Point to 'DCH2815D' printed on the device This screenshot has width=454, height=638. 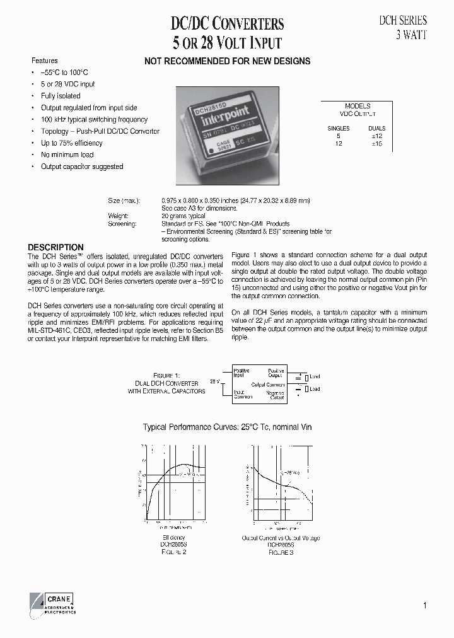(213, 108)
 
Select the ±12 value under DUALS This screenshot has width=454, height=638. (376, 136)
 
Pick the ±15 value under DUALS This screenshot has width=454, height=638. (376, 144)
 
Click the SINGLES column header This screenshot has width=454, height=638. (338, 128)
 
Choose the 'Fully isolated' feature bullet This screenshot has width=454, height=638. (61, 96)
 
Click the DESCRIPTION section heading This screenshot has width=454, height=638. (55, 248)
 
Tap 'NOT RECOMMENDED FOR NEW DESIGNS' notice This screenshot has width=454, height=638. (227, 61)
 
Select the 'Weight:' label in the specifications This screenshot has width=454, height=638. (118, 216)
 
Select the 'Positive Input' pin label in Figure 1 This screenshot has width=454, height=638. (242, 373)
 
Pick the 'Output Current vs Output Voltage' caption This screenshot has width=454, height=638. (281, 538)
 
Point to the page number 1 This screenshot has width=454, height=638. (425, 606)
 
